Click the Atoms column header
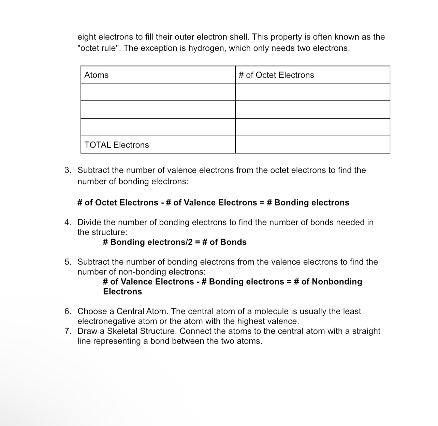96,75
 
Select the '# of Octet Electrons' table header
276,75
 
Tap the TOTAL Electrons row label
117,145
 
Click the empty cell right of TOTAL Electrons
312,145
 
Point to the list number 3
68,170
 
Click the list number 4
68,222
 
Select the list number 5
68,262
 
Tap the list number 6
68,311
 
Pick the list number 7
68,331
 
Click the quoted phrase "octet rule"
99,48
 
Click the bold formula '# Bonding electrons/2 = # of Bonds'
175,242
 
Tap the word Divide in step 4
89,222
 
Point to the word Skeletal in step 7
122,331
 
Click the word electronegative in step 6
106,321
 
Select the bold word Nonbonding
337,282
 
